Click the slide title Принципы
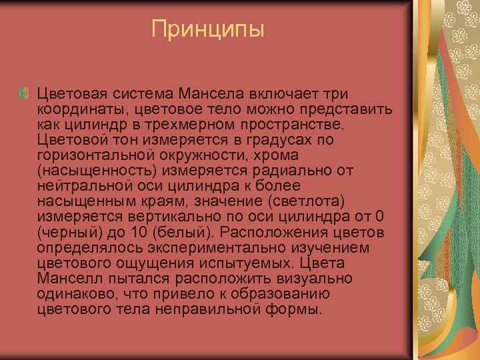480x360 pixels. click(x=208, y=29)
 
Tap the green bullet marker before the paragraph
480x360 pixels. click(x=24, y=93)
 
